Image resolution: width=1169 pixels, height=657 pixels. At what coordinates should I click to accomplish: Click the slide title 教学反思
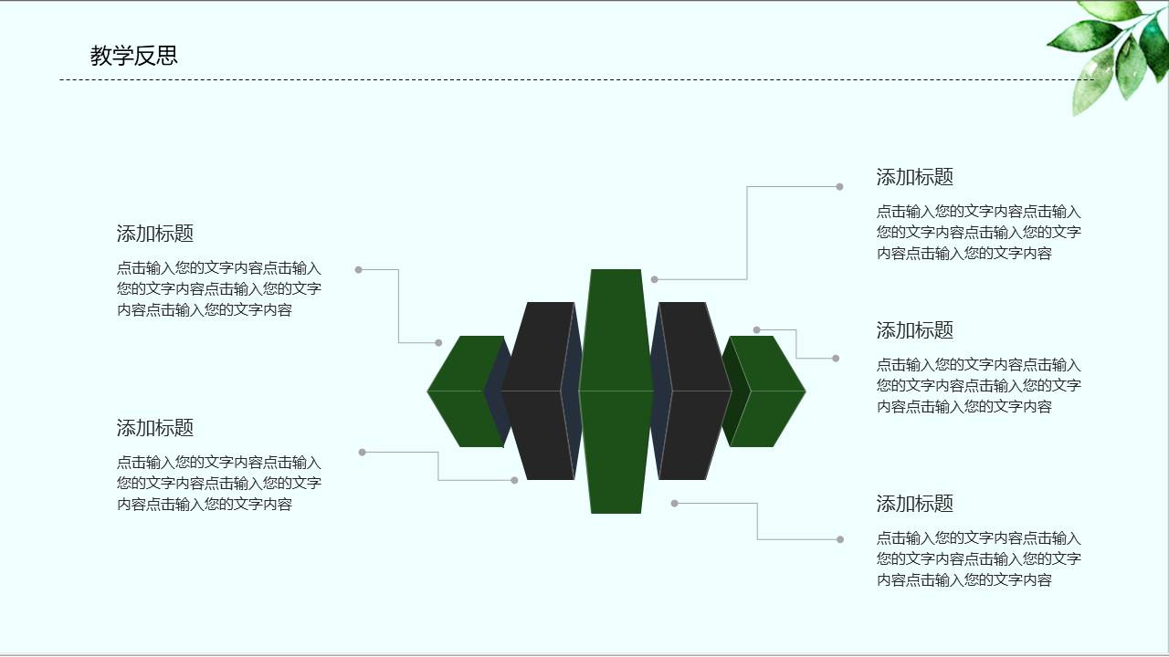133,56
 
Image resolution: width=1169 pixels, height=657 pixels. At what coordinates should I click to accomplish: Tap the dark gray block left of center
539,391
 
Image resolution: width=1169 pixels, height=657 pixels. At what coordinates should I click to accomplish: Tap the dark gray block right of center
694,391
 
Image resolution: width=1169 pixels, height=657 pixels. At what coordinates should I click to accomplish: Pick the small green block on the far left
461,391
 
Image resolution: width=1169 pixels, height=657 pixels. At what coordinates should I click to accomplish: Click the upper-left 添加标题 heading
155,234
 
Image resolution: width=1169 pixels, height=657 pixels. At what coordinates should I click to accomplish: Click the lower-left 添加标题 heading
155,428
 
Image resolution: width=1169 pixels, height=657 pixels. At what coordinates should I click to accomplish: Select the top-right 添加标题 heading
915,178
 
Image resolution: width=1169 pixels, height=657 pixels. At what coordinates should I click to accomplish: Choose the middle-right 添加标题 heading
915,330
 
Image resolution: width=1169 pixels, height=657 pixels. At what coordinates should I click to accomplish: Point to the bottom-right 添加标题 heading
915,504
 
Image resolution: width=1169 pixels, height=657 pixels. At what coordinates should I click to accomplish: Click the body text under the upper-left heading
219,289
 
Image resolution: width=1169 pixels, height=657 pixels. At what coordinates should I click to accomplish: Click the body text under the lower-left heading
219,484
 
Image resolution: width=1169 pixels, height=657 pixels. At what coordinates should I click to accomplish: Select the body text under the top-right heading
979,233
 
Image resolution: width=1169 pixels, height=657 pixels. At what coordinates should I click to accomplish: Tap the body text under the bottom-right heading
979,559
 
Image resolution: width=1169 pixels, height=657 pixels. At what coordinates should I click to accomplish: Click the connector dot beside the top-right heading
839,187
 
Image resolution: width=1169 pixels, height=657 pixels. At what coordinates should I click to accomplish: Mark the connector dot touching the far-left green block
438,343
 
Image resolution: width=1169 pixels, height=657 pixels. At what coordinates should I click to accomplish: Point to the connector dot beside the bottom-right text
840,539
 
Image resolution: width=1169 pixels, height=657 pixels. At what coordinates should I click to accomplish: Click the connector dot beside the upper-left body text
359,269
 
